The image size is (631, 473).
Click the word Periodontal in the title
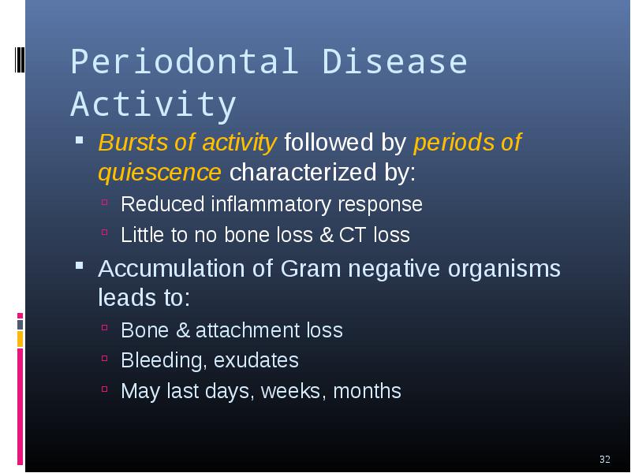(x=185, y=61)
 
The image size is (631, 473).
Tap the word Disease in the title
(x=394, y=61)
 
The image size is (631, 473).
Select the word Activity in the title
(x=153, y=105)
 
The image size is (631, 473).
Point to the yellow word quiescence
(x=160, y=173)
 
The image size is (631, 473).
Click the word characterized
(x=303, y=172)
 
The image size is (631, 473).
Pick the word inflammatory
(x=271, y=204)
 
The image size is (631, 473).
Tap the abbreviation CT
(x=353, y=235)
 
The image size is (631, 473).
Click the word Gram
(x=311, y=268)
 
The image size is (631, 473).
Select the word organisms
(x=504, y=269)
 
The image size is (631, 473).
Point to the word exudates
(x=256, y=360)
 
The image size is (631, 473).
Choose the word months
(x=367, y=390)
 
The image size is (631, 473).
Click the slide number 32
(x=605, y=460)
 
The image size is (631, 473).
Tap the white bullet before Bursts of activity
(x=80, y=140)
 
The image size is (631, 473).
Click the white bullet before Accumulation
(x=80, y=266)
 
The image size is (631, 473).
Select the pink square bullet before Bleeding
(x=105, y=358)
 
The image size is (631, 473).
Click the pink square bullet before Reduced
(x=105, y=202)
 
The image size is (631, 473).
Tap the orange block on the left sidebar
(x=21, y=339)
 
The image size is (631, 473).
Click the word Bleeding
(x=164, y=360)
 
